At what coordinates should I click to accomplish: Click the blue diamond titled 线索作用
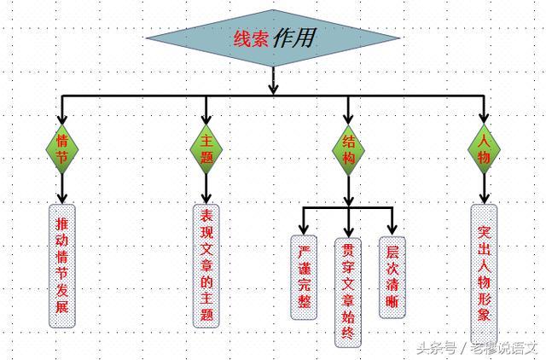(273, 38)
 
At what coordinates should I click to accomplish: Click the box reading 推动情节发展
(61, 266)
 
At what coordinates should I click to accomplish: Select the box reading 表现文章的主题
(206, 264)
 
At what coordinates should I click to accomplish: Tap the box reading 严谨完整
(305, 276)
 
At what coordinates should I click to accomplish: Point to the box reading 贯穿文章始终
(348, 290)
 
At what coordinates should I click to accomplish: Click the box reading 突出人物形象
(485, 271)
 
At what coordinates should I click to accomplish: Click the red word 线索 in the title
(252, 38)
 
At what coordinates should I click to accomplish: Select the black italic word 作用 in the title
(294, 38)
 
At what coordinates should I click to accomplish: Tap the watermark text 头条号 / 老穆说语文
(477, 347)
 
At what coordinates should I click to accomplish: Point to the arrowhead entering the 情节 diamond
(62, 119)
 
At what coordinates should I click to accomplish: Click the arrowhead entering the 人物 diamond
(485, 119)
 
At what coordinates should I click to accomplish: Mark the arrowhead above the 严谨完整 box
(305, 229)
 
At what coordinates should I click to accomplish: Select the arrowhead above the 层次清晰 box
(392, 229)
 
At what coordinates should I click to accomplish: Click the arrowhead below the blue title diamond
(273, 87)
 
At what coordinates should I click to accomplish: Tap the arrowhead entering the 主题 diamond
(206, 119)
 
